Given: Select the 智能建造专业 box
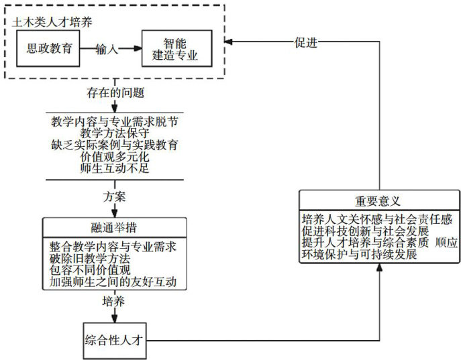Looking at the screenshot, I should tap(179, 48).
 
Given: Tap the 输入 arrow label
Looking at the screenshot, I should tap(107, 49).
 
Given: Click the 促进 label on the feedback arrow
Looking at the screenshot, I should tap(305, 42).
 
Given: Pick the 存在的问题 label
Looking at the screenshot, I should tap(115, 92).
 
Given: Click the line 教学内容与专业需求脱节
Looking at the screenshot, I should tap(115, 123).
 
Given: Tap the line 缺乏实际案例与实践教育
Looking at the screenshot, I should tap(115, 145).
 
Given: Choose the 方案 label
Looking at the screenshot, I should tap(115, 198).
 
